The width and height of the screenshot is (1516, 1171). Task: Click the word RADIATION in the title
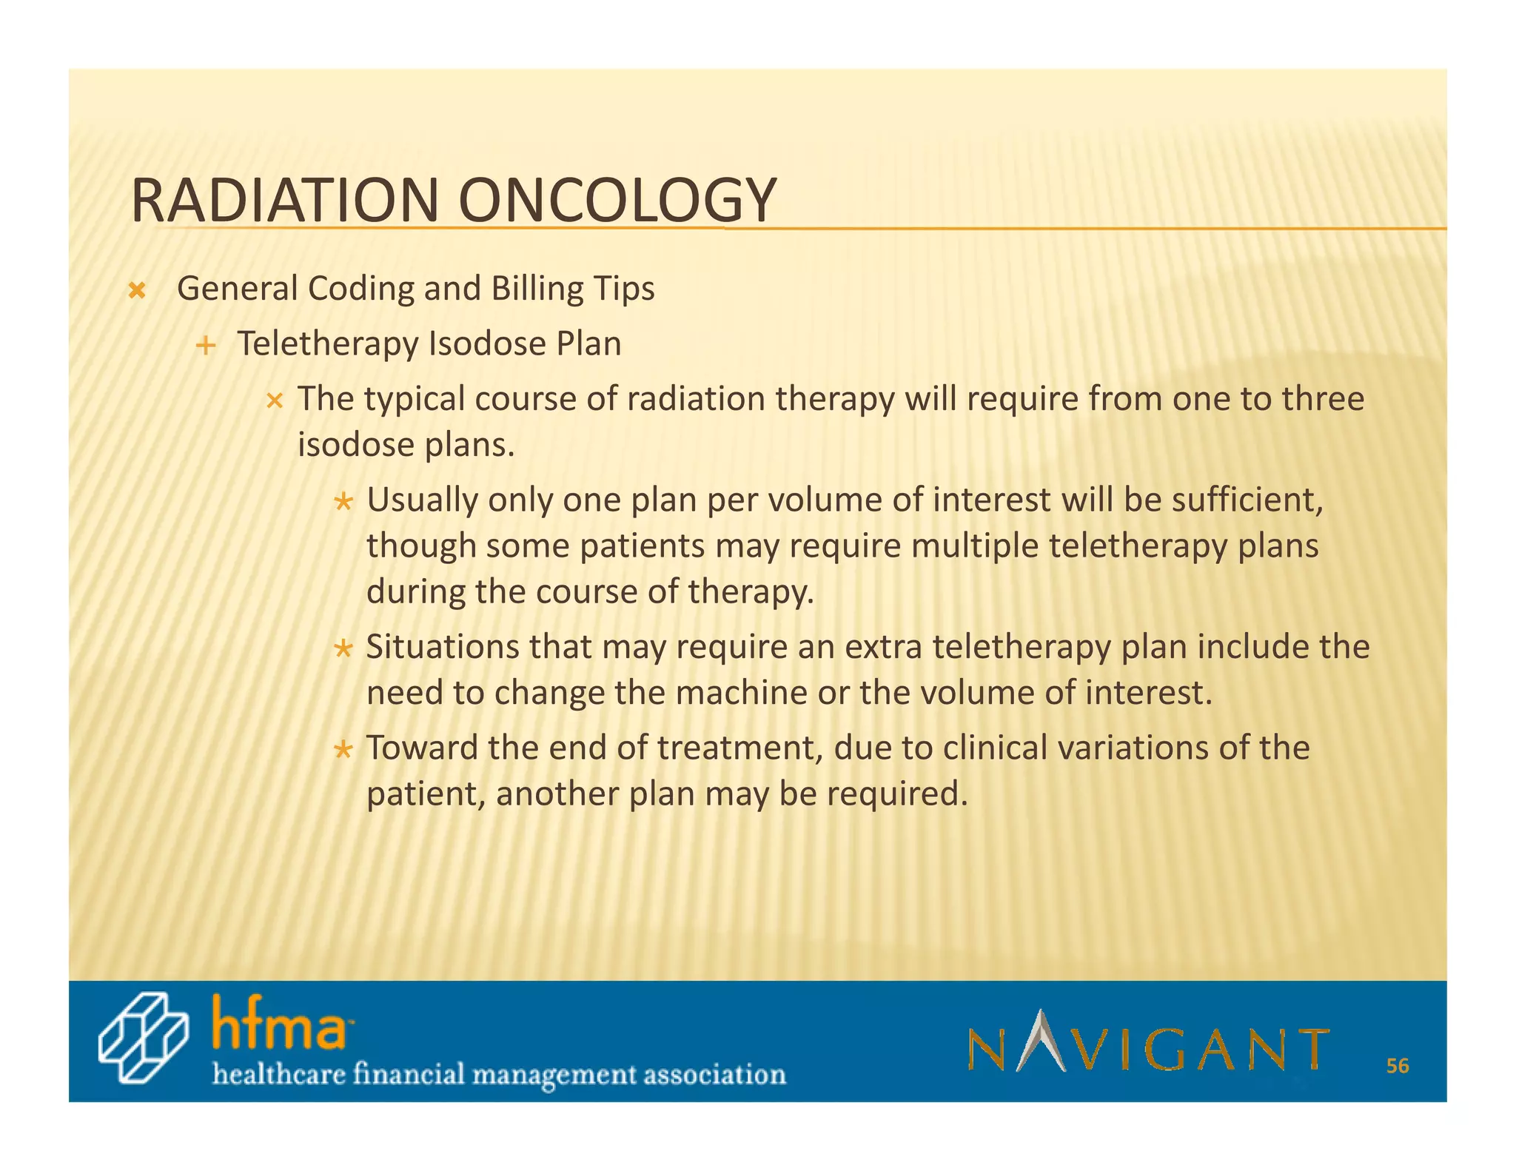[285, 201]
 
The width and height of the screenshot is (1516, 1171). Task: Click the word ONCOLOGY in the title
[617, 201]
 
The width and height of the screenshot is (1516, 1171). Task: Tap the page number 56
[1397, 1066]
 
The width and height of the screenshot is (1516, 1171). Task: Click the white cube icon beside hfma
[142, 1039]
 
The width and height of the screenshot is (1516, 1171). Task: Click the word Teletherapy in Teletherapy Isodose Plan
[328, 344]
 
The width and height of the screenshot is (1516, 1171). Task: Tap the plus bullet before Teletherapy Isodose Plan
[205, 346]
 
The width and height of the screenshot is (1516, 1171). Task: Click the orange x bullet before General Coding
[136, 290]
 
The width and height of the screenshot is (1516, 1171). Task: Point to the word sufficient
[1246, 500]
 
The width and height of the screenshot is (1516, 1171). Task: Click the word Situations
[443, 647]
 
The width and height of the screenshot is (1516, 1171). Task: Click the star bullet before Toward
[342, 751]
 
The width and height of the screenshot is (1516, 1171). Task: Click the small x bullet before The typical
[275, 402]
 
